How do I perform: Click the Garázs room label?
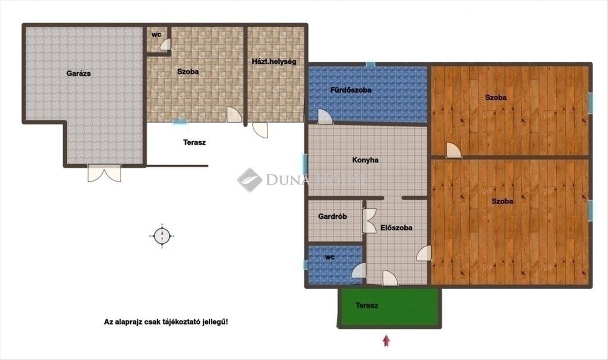click(x=79, y=73)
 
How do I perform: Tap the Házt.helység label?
click(x=274, y=62)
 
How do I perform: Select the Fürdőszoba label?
click(x=351, y=90)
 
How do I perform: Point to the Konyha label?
click(x=365, y=160)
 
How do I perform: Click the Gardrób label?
click(x=332, y=217)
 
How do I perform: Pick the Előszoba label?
click(x=396, y=228)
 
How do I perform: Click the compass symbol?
click(x=162, y=236)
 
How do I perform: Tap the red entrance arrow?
click(x=387, y=341)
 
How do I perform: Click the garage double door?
click(x=104, y=173)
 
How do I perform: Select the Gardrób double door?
click(x=369, y=221)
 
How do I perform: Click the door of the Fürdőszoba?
click(x=325, y=116)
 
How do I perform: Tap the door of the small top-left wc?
click(x=165, y=45)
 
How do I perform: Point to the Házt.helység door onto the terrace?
click(x=260, y=130)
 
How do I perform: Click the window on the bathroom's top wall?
click(x=370, y=65)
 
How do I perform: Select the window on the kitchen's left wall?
click(x=305, y=165)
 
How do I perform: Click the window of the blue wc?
click(x=306, y=265)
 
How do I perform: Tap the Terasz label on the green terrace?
click(x=367, y=305)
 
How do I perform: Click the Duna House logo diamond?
click(x=250, y=180)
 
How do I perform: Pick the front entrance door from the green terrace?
click(x=390, y=278)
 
